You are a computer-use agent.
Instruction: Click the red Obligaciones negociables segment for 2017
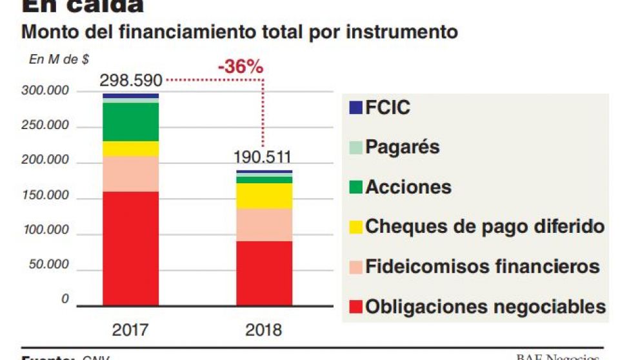point(130,248)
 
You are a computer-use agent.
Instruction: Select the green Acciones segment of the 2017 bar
point(130,122)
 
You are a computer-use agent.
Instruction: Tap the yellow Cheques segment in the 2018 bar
point(264,196)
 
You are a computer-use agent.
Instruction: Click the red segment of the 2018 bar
point(264,273)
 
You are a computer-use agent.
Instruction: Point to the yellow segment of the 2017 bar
point(130,149)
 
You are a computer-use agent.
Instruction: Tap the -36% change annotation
point(240,66)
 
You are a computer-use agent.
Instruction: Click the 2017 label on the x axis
point(130,330)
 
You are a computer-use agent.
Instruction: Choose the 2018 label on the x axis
point(264,330)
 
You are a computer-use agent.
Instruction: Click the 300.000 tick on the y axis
point(47,91)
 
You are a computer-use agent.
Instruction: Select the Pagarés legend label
point(402,146)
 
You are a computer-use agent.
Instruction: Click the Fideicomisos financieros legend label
point(482,266)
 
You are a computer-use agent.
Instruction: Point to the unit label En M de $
point(59,59)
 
